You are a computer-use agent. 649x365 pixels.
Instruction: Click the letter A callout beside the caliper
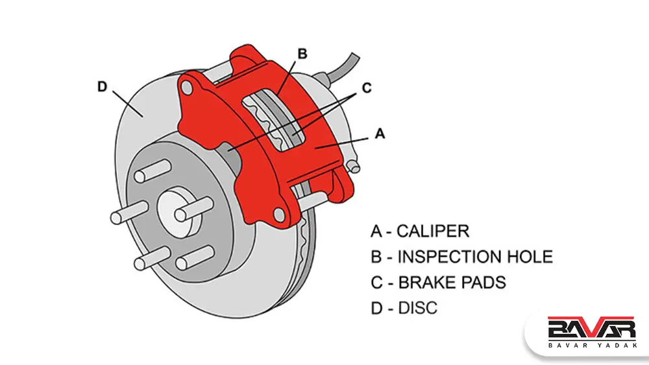[381, 133]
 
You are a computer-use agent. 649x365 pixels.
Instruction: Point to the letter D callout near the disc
[102, 86]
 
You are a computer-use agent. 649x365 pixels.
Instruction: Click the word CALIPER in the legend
[432, 231]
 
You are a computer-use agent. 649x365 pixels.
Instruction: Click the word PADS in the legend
[483, 282]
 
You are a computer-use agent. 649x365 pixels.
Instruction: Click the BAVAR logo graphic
[590, 328]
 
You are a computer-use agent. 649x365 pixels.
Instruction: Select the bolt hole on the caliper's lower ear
[280, 213]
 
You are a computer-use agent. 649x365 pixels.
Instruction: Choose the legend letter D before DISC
[377, 308]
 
